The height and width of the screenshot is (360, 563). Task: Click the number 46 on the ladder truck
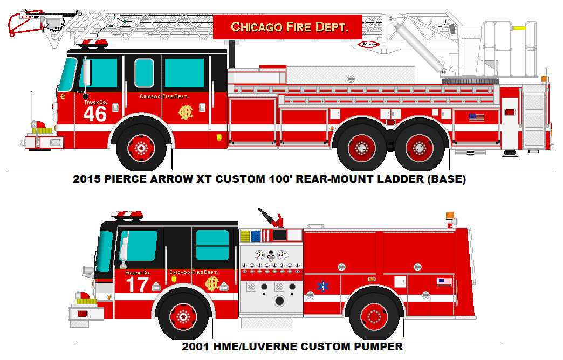tap(95, 114)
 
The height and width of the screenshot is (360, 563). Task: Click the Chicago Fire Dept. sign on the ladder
tap(288, 27)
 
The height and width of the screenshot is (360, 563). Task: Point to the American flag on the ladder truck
tap(476, 117)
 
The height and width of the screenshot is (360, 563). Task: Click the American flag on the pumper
tap(444, 282)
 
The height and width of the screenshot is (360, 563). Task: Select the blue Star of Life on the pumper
tap(324, 286)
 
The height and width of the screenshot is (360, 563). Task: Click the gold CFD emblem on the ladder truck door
tap(187, 112)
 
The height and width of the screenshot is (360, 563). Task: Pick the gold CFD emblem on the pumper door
tap(211, 283)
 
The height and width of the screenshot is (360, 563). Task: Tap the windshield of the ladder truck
tap(67, 74)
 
